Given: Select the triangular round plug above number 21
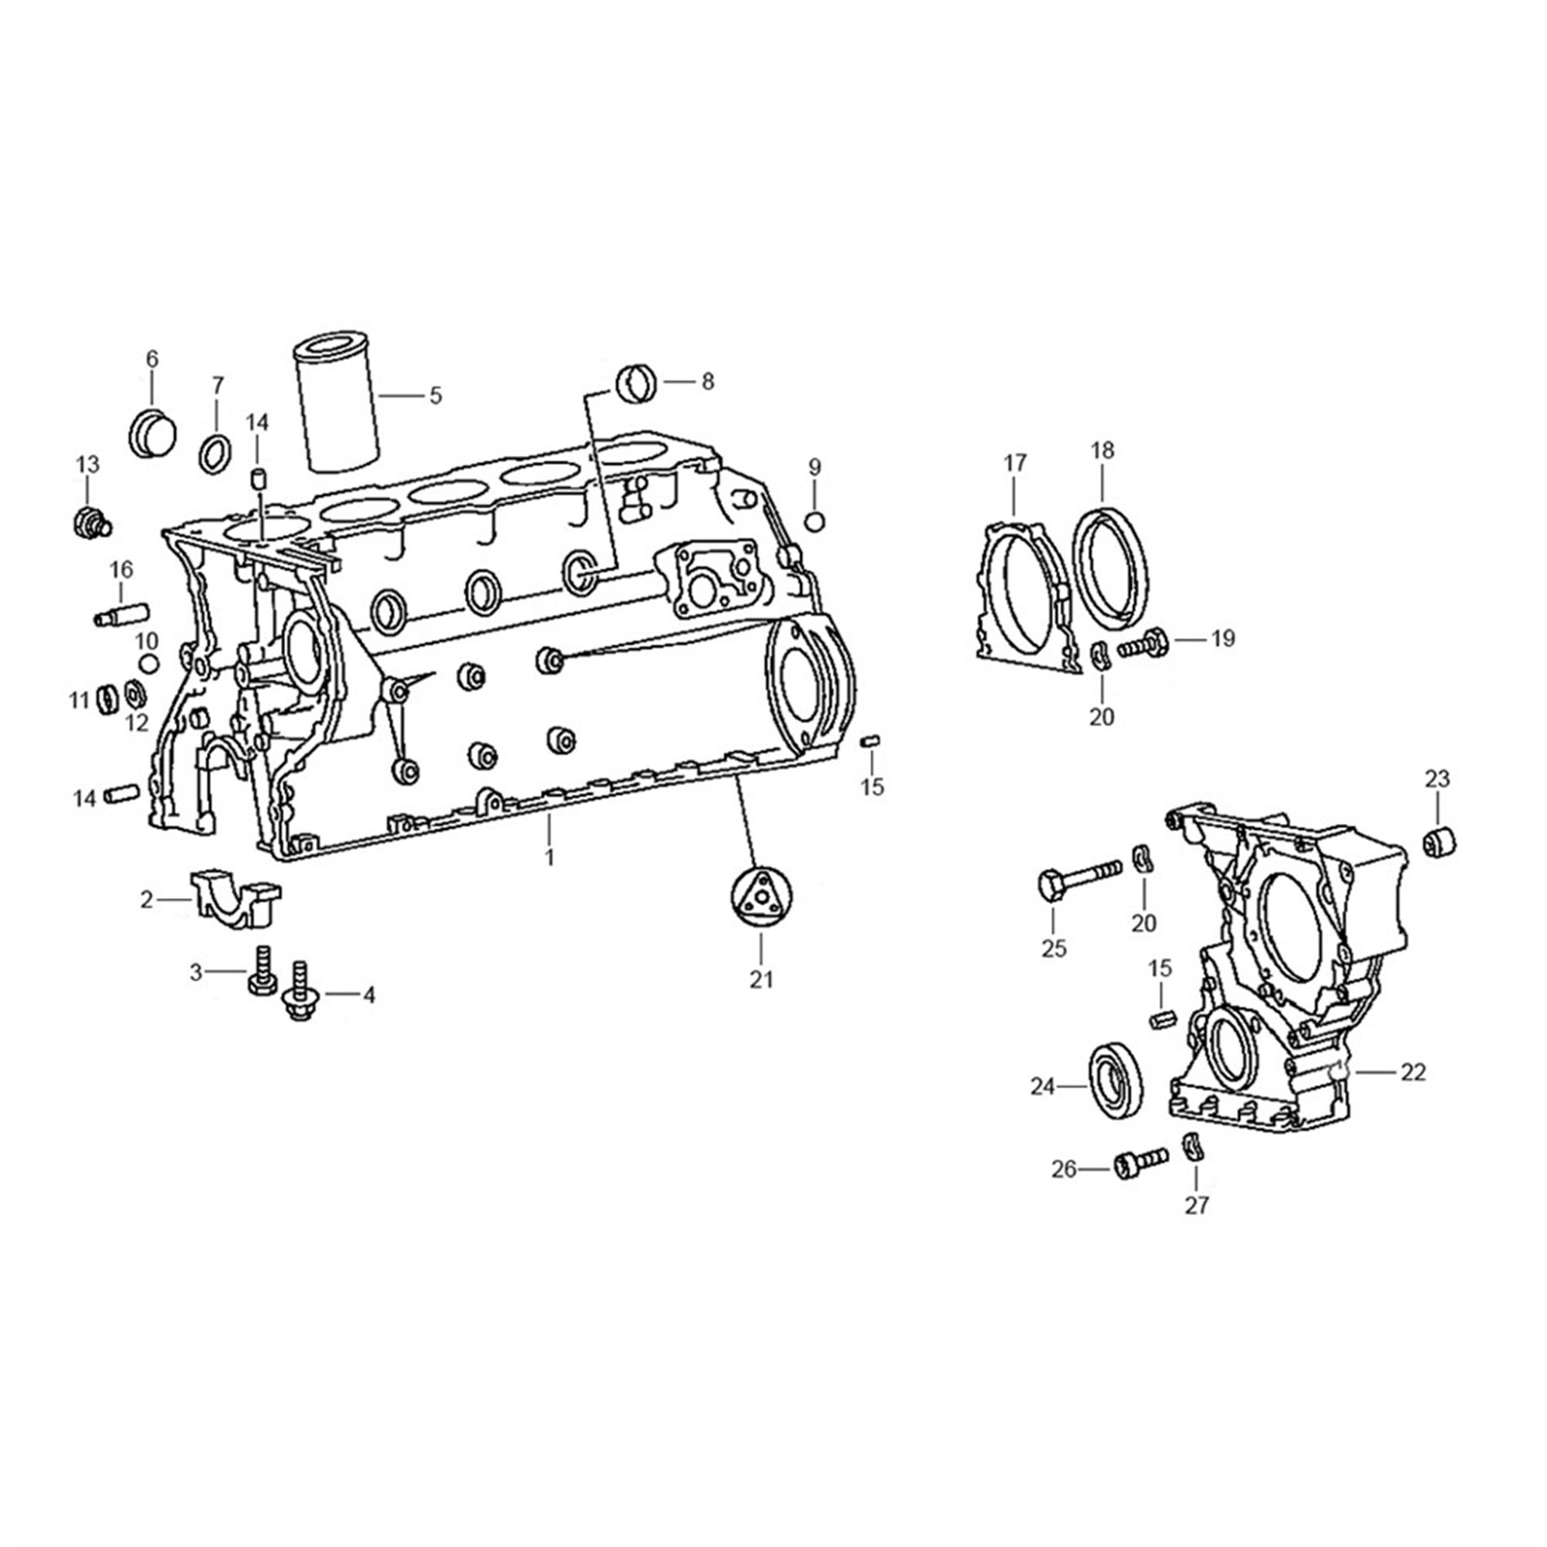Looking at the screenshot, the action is click(760, 896).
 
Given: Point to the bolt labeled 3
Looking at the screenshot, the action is click(262, 969).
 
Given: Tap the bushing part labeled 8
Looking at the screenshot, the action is click(638, 383).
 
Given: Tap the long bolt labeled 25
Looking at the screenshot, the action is click(1079, 876).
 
